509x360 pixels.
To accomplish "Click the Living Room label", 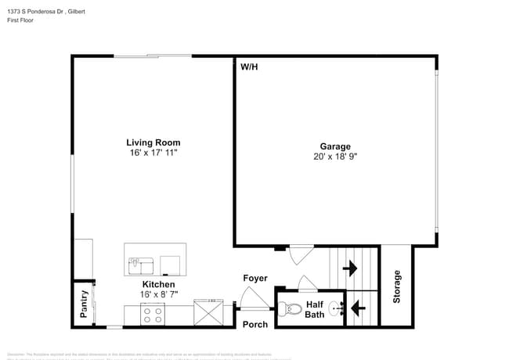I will (x=153, y=142).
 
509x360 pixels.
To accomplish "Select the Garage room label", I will (x=334, y=146).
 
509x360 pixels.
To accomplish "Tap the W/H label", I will (x=249, y=67).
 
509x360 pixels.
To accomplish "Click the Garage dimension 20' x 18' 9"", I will (x=334, y=157).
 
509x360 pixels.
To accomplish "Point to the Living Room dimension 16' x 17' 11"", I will (x=153, y=153).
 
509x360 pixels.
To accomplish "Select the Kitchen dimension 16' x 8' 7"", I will (x=158, y=294).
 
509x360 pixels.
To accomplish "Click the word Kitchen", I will (x=158, y=284).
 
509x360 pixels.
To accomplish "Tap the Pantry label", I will (x=84, y=304).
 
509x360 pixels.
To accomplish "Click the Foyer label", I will (x=255, y=278).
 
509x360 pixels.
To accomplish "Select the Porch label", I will (x=255, y=324).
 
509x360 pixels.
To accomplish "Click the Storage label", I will (x=396, y=286).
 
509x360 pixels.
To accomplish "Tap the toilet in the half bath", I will (x=291, y=309).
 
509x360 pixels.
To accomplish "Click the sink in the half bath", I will (x=336, y=308).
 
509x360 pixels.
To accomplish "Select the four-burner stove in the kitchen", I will (x=152, y=315).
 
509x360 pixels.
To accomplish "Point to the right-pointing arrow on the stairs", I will (x=350, y=268).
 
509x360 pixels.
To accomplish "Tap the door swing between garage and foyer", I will (x=300, y=255).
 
